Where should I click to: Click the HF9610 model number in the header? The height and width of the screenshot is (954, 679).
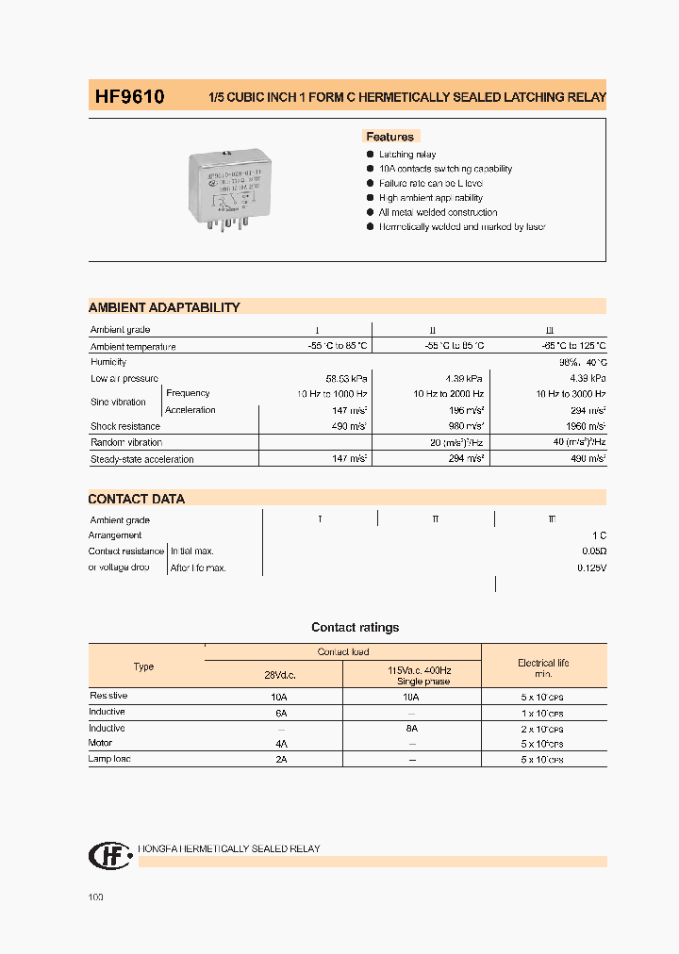129,96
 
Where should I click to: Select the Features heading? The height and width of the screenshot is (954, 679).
389,137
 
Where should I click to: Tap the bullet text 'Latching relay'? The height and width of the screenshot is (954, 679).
407,155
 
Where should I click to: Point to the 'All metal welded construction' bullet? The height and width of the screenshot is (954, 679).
438,213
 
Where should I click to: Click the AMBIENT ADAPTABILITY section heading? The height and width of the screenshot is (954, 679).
164,307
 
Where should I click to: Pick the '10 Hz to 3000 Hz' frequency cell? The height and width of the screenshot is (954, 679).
571,394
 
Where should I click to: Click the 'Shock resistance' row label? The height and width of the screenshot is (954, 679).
125,427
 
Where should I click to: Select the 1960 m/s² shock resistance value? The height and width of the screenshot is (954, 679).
584,427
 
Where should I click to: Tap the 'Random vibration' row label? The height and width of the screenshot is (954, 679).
126,443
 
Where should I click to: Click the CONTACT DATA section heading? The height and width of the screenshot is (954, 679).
137,499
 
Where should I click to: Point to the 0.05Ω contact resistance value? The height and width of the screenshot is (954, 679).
591,551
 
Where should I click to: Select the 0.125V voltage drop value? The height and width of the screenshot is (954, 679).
591,568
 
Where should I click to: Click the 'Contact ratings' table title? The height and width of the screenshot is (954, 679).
355,628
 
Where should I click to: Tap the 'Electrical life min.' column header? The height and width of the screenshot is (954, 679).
543,668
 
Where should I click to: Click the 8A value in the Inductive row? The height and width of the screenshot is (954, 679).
411,729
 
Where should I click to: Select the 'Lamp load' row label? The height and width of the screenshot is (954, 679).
110,759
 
